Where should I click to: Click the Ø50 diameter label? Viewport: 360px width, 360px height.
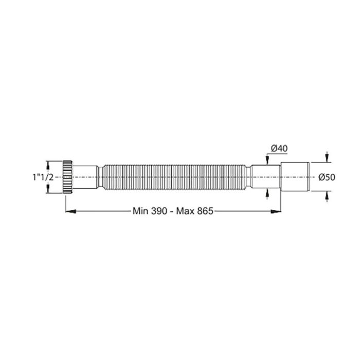(x=327, y=177)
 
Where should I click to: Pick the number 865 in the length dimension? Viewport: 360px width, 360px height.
(x=204, y=210)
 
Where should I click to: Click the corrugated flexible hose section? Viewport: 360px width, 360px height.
(x=175, y=176)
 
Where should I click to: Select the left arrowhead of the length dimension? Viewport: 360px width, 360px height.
(x=67, y=210)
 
